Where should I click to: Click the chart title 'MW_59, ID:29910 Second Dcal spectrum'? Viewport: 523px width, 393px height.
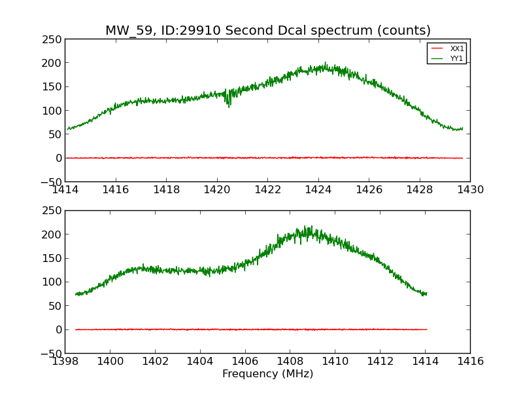point(268,31)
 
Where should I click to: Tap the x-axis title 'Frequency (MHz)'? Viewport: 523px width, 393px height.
point(267,374)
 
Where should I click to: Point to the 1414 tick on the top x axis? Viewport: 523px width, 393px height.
point(65,189)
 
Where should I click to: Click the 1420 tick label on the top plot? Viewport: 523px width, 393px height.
point(217,189)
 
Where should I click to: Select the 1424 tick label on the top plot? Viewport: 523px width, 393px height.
point(318,189)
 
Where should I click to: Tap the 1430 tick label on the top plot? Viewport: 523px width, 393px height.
point(470,189)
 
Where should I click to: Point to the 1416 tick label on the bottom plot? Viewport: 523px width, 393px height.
point(470,361)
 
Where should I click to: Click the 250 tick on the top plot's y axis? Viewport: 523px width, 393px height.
point(54,39)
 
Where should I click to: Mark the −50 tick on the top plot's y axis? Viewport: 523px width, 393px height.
point(51,181)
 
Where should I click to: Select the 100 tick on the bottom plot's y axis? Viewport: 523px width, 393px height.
point(54,282)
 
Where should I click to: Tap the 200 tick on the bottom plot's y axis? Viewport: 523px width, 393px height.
point(54,234)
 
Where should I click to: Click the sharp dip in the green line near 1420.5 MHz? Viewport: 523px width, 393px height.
point(229,105)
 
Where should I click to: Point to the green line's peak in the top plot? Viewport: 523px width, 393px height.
point(325,64)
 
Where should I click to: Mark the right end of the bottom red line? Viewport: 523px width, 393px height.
point(427,329)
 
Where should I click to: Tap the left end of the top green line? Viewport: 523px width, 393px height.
point(67,129)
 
